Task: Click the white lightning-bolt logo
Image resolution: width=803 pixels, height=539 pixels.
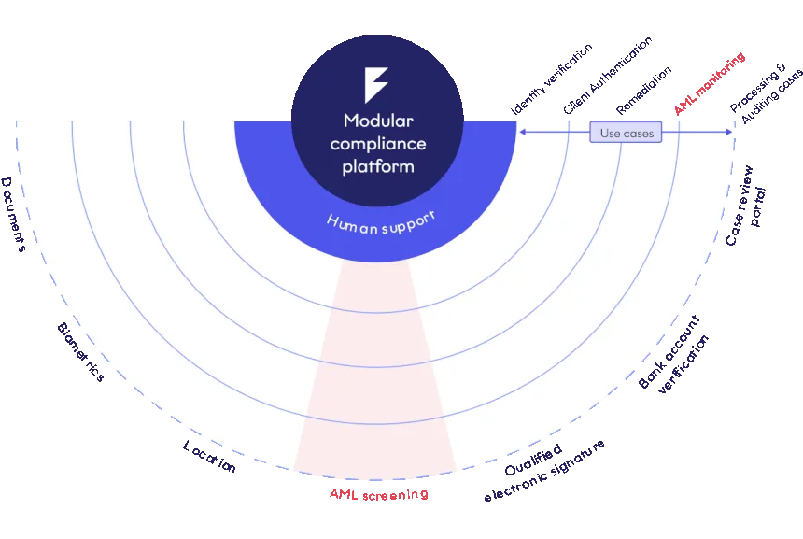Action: (x=375, y=85)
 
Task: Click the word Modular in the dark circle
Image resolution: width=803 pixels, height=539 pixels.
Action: (x=377, y=121)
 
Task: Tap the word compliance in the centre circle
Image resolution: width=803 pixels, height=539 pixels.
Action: (x=377, y=144)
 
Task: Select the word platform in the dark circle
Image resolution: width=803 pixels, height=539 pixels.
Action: (x=377, y=166)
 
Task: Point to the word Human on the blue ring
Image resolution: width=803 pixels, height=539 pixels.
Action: (x=350, y=224)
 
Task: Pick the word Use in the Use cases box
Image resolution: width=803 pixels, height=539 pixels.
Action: (x=610, y=134)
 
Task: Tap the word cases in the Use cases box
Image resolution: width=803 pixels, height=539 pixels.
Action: (x=640, y=134)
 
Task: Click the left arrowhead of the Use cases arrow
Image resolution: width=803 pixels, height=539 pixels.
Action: (x=522, y=133)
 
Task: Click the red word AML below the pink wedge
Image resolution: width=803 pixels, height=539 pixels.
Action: (x=343, y=493)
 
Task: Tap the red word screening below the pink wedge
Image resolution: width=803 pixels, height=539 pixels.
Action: (x=392, y=495)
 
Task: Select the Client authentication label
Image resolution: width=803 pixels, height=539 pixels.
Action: (x=80, y=351)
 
